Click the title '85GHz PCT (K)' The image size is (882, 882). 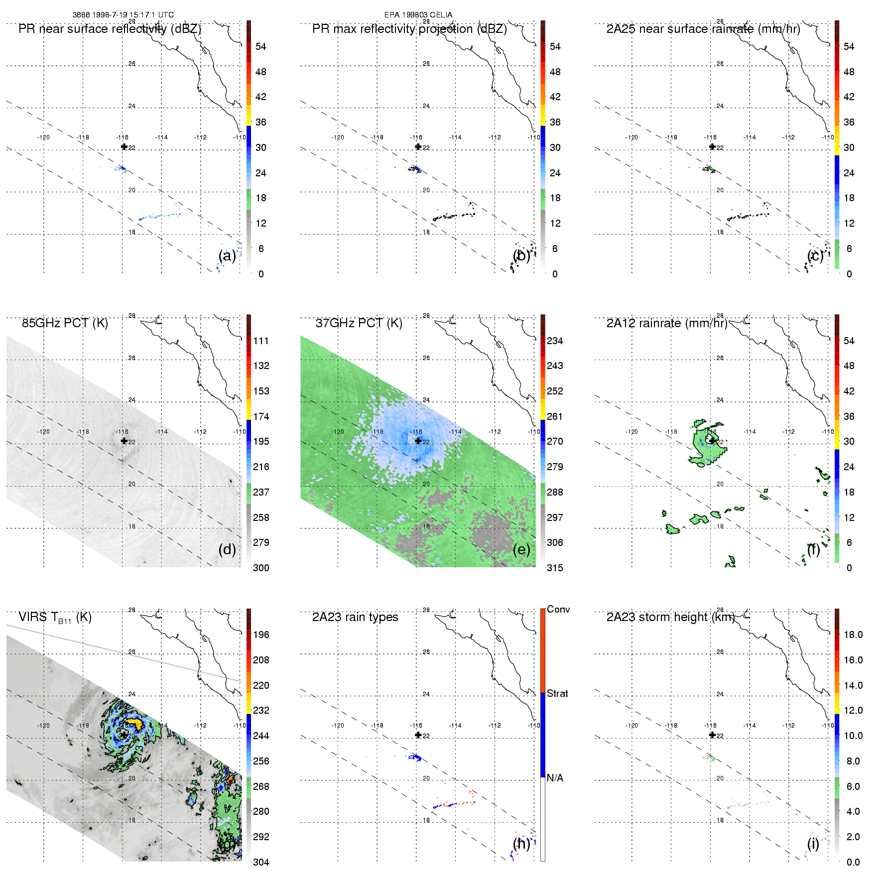click(65, 323)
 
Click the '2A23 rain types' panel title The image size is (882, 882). click(355, 617)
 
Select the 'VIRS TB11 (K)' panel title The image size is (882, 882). click(55, 618)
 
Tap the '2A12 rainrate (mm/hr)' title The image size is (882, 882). click(667, 323)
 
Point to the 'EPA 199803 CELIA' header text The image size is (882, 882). click(418, 15)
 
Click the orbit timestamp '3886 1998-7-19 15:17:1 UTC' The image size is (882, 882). click(123, 15)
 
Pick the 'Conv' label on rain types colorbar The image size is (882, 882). click(558, 609)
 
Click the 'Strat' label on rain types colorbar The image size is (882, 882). click(557, 693)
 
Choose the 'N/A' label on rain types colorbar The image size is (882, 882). click(555, 778)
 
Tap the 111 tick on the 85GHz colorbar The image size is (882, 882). click(261, 341)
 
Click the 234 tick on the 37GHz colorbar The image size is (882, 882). click(555, 341)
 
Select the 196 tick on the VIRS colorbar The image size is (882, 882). click(261, 634)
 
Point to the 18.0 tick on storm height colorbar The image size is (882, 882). click(853, 634)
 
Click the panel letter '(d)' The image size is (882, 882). click(227, 549)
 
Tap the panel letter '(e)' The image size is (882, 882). click(521, 549)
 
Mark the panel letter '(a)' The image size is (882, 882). click(227, 255)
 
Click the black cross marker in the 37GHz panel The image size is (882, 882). click(418, 441)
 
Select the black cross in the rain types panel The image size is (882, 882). click(418, 735)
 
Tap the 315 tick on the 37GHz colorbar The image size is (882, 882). click(555, 568)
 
